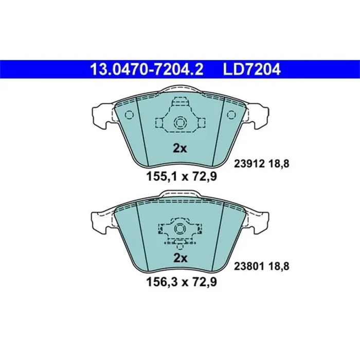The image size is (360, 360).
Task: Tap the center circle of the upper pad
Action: tap(179, 123)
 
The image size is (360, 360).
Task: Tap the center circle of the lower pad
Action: tap(179, 227)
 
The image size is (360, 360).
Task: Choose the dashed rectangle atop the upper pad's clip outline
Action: tap(179, 101)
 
